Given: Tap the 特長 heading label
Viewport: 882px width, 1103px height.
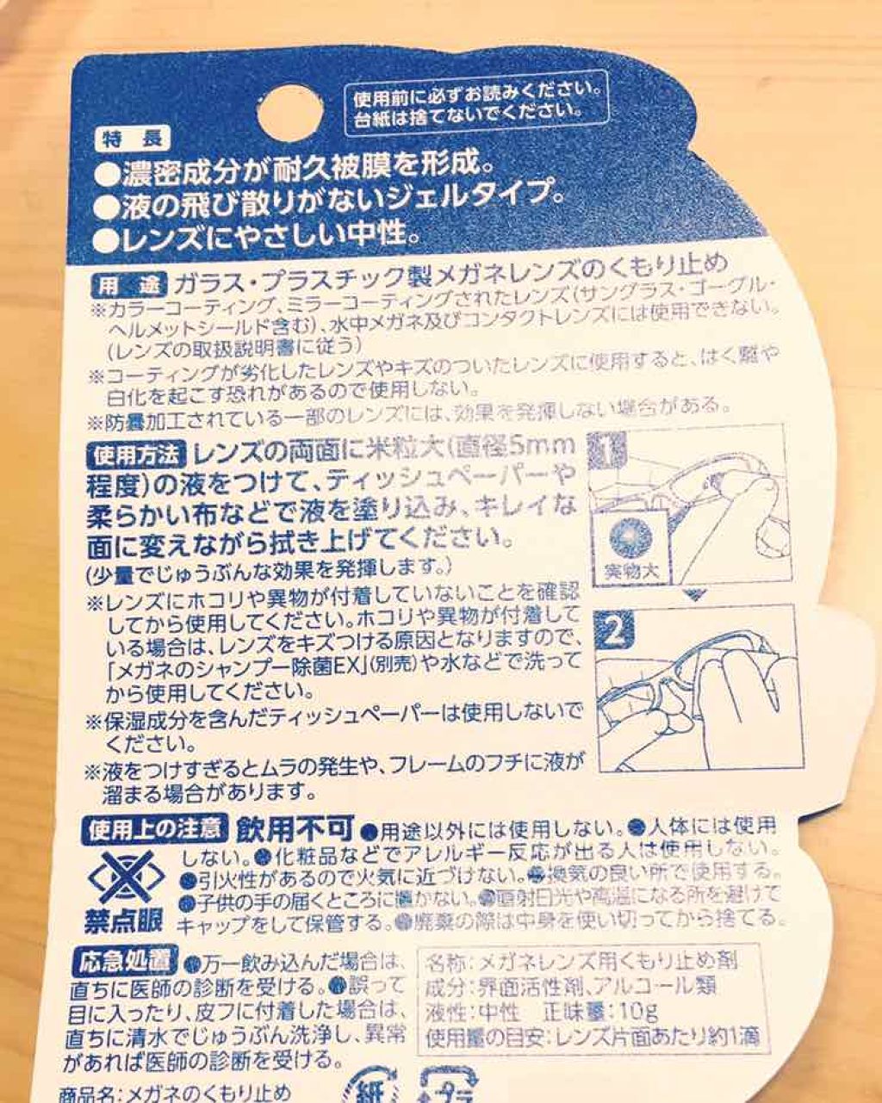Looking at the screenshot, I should point(133,139).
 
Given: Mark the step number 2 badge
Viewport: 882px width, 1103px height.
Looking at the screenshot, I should point(615,633).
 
